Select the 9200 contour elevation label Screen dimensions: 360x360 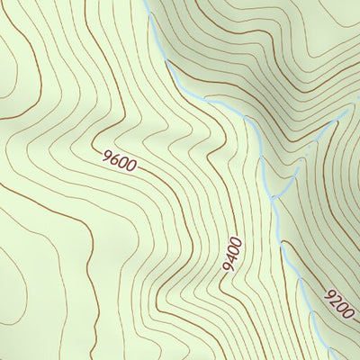tap(339, 303)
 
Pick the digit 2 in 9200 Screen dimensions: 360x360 tap(335, 299)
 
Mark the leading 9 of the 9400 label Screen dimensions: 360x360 tap(229, 267)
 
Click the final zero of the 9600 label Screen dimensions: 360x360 tap(130, 166)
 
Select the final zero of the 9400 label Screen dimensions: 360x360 tap(236, 240)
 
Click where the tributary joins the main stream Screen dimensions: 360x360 tap(269, 193)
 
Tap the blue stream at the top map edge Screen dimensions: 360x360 tap(147, 3)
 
